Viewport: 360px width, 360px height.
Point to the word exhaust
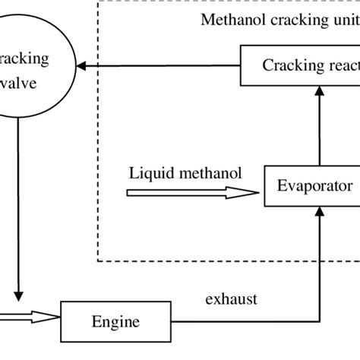(231, 298)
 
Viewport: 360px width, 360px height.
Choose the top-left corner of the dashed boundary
(98, 2)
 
